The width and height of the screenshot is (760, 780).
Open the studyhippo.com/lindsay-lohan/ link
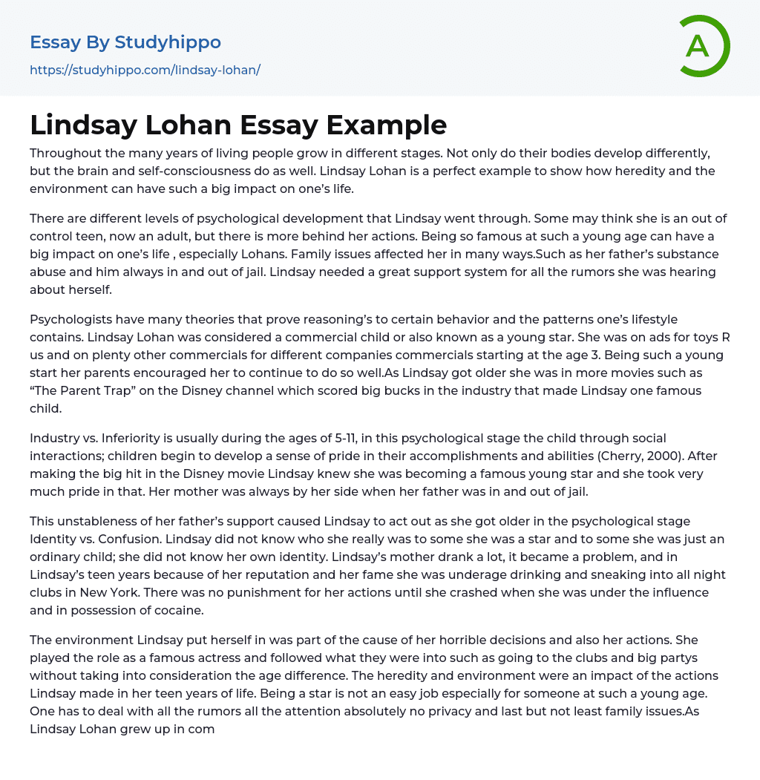[x=145, y=70]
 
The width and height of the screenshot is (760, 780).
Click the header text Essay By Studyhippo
[x=125, y=42]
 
